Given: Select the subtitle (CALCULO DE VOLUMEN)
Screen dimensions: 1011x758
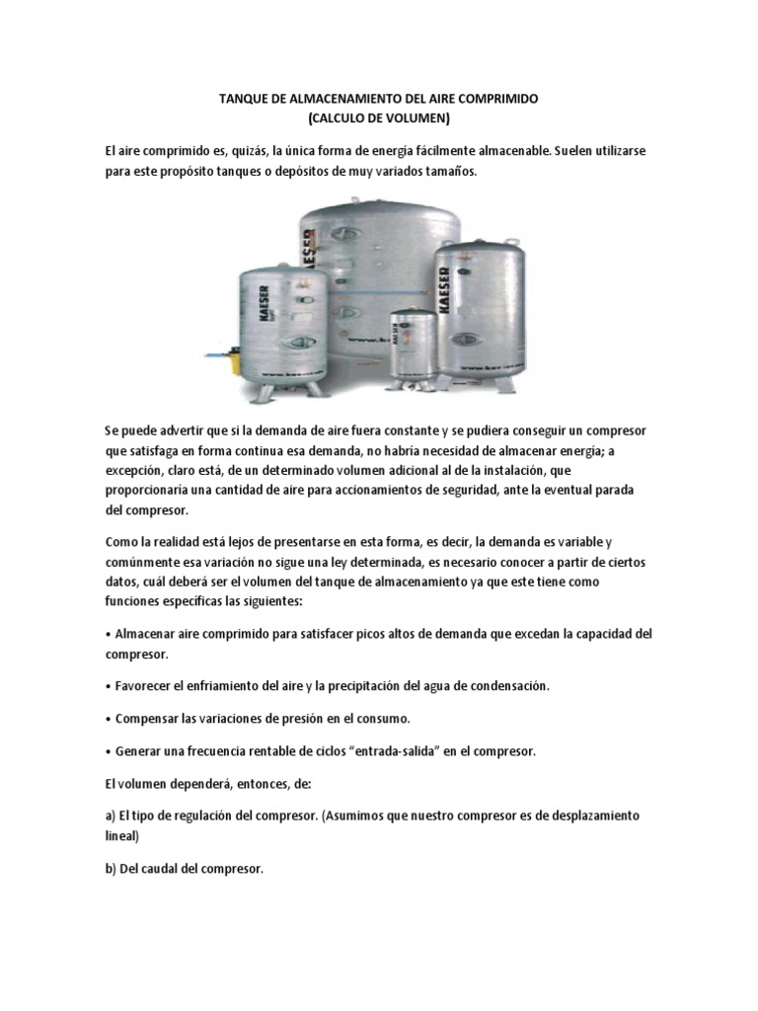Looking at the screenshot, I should coord(378,119).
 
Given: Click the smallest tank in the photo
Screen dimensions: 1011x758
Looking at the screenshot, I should coord(408,342).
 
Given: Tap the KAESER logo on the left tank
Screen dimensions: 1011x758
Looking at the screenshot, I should coord(265,302).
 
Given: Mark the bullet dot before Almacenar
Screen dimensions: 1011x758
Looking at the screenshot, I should coord(108,634).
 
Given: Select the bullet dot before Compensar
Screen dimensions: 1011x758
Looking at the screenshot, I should coord(108,718).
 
